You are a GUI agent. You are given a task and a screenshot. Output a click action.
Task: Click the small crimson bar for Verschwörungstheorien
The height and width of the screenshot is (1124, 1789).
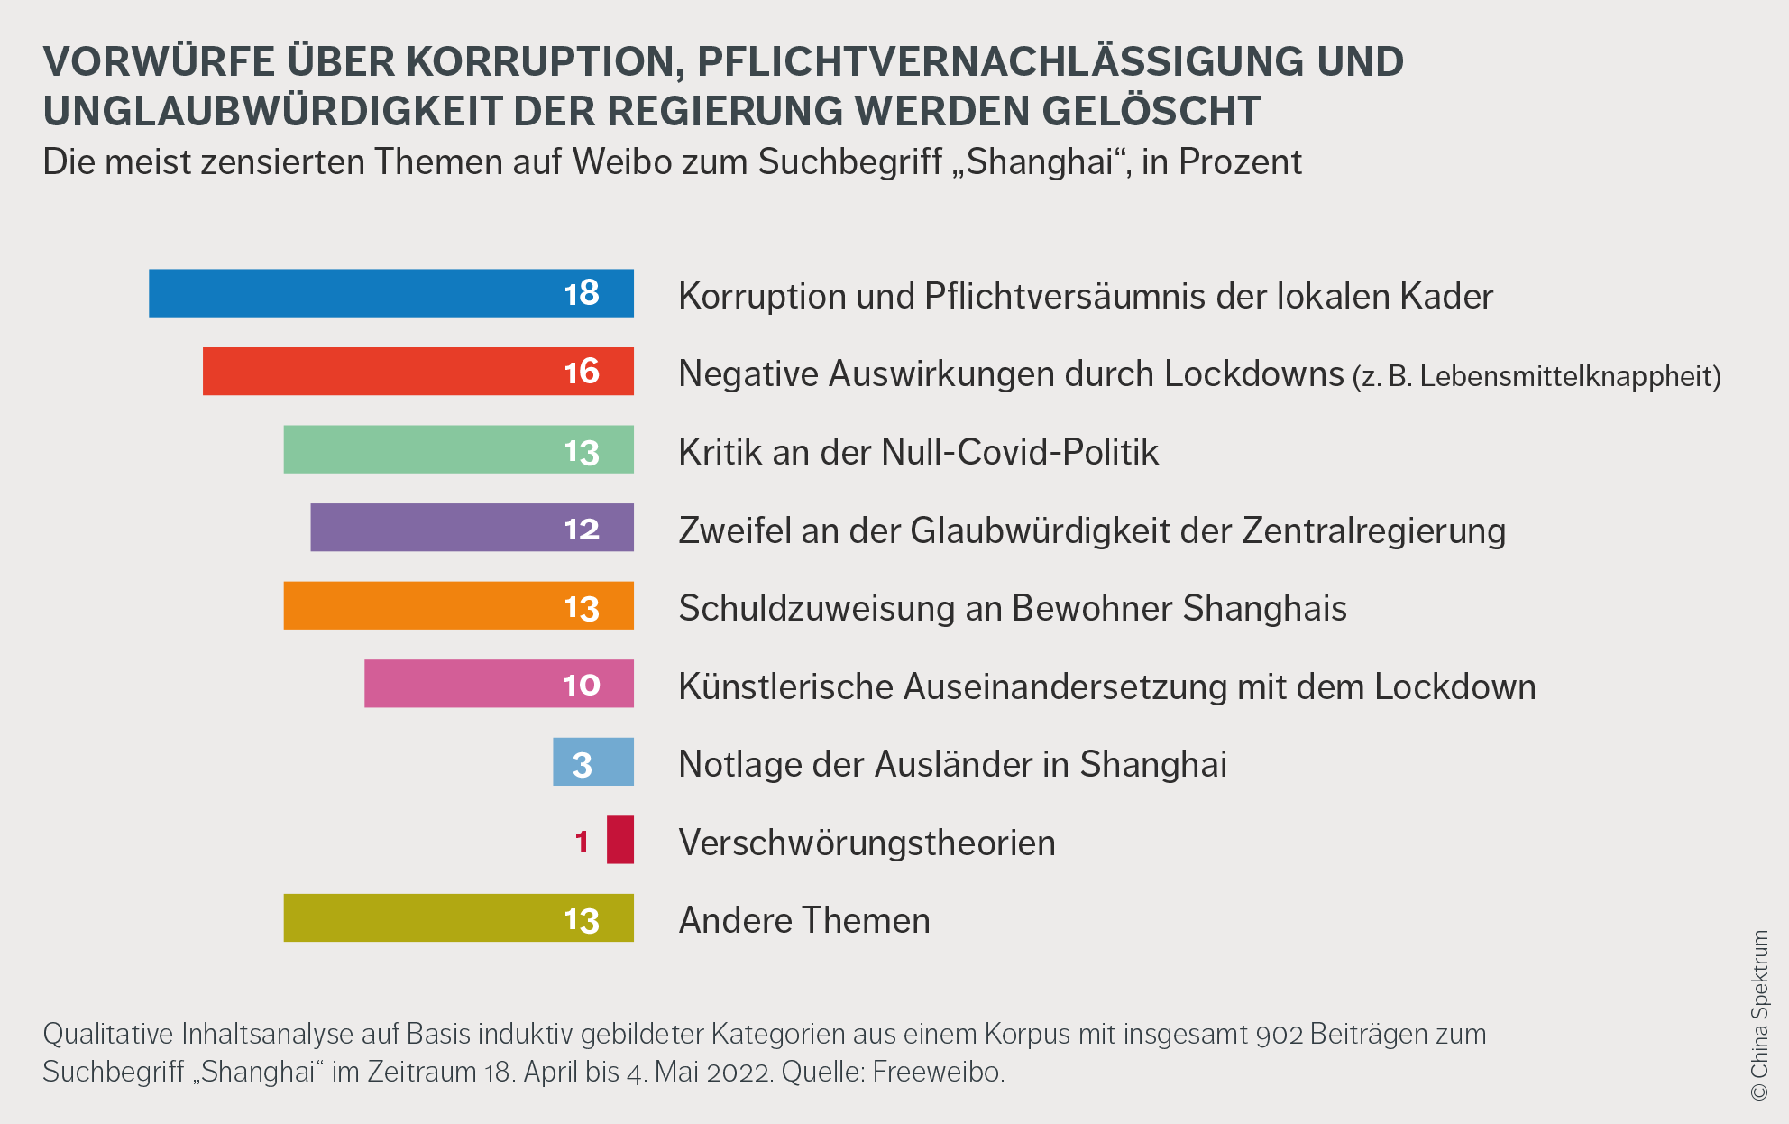pyautogui.click(x=620, y=840)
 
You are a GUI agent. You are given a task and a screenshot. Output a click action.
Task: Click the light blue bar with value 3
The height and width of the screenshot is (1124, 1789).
pyautogui.click(x=593, y=762)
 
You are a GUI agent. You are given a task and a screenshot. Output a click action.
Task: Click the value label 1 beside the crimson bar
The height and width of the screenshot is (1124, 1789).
pyautogui.click(x=582, y=842)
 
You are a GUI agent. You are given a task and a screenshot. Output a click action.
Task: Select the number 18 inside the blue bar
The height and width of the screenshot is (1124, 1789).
pyautogui.click(x=582, y=293)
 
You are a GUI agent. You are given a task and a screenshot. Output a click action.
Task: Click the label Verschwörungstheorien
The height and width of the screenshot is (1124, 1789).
pyautogui.click(x=867, y=843)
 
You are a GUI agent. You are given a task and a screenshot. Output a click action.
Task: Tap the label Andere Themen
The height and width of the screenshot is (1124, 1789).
pyautogui.click(x=804, y=920)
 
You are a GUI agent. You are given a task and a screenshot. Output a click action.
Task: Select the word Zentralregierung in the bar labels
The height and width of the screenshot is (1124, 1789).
pyautogui.click(x=1373, y=530)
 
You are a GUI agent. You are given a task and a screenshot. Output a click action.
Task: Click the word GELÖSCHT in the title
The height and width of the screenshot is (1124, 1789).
pyautogui.click(x=1151, y=111)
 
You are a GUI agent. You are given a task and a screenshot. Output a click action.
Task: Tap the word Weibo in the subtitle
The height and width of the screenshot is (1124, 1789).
pyautogui.click(x=622, y=162)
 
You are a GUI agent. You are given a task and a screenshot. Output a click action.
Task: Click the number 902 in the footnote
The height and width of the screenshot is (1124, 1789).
pyautogui.click(x=1280, y=1034)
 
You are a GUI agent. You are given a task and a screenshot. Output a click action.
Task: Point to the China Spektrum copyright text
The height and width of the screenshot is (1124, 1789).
pyautogui.click(x=1759, y=1015)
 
